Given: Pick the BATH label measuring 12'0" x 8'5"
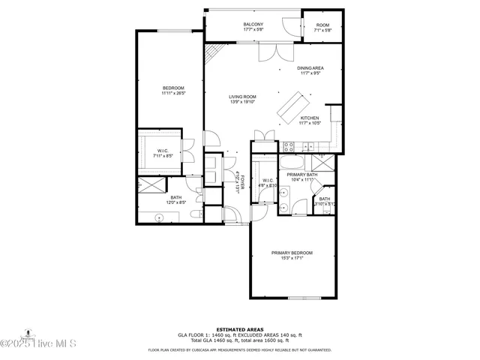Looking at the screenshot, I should (x=175, y=199).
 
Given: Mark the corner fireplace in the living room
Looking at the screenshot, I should (x=214, y=53).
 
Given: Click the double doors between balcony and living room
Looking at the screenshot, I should (x=271, y=52).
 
